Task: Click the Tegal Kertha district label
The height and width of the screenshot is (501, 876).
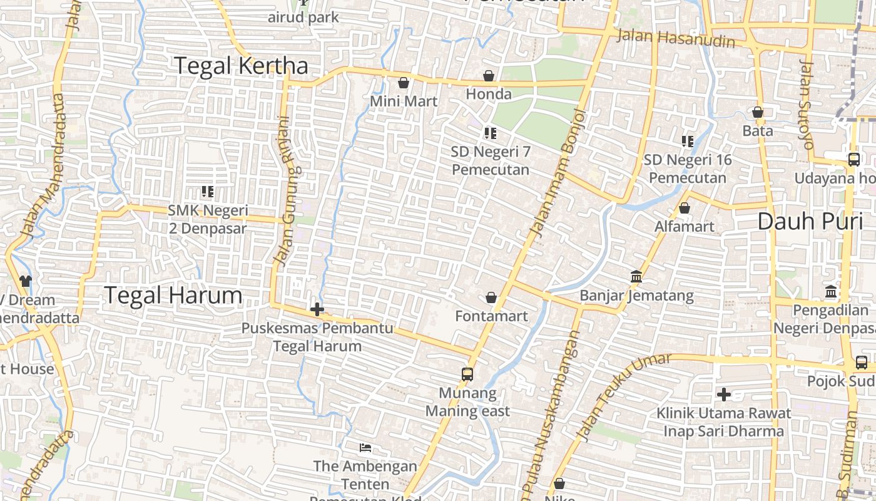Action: pos(241,66)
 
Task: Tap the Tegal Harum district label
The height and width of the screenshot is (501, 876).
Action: pos(173,295)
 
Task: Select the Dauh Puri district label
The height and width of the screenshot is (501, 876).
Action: pos(810,221)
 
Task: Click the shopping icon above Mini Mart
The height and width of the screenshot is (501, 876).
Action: pos(404,83)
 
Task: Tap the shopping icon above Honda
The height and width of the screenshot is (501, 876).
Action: pos(489,76)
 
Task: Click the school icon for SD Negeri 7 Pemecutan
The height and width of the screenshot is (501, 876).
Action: pos(491,133)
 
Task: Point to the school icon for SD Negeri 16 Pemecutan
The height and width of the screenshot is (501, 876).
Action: pos(688,142)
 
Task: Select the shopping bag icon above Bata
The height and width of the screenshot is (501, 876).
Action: pos(758,112)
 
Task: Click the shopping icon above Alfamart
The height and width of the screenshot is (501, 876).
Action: pos(685,208)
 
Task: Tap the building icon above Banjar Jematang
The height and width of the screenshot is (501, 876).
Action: pos(636,277)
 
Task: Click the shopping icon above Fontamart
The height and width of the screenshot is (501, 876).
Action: pos(491,297)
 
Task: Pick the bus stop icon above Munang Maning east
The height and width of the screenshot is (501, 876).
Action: pos(467,374)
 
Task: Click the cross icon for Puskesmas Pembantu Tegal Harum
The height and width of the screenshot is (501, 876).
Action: pos(317,309)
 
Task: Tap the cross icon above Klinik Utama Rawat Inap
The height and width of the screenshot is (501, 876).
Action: pos(724,395)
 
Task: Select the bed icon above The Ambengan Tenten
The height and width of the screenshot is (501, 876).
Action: pos(366,448)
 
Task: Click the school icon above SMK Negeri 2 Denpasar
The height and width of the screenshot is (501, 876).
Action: pos(208,192)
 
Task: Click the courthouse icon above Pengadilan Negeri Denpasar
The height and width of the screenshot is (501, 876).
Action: pos(831,291)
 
